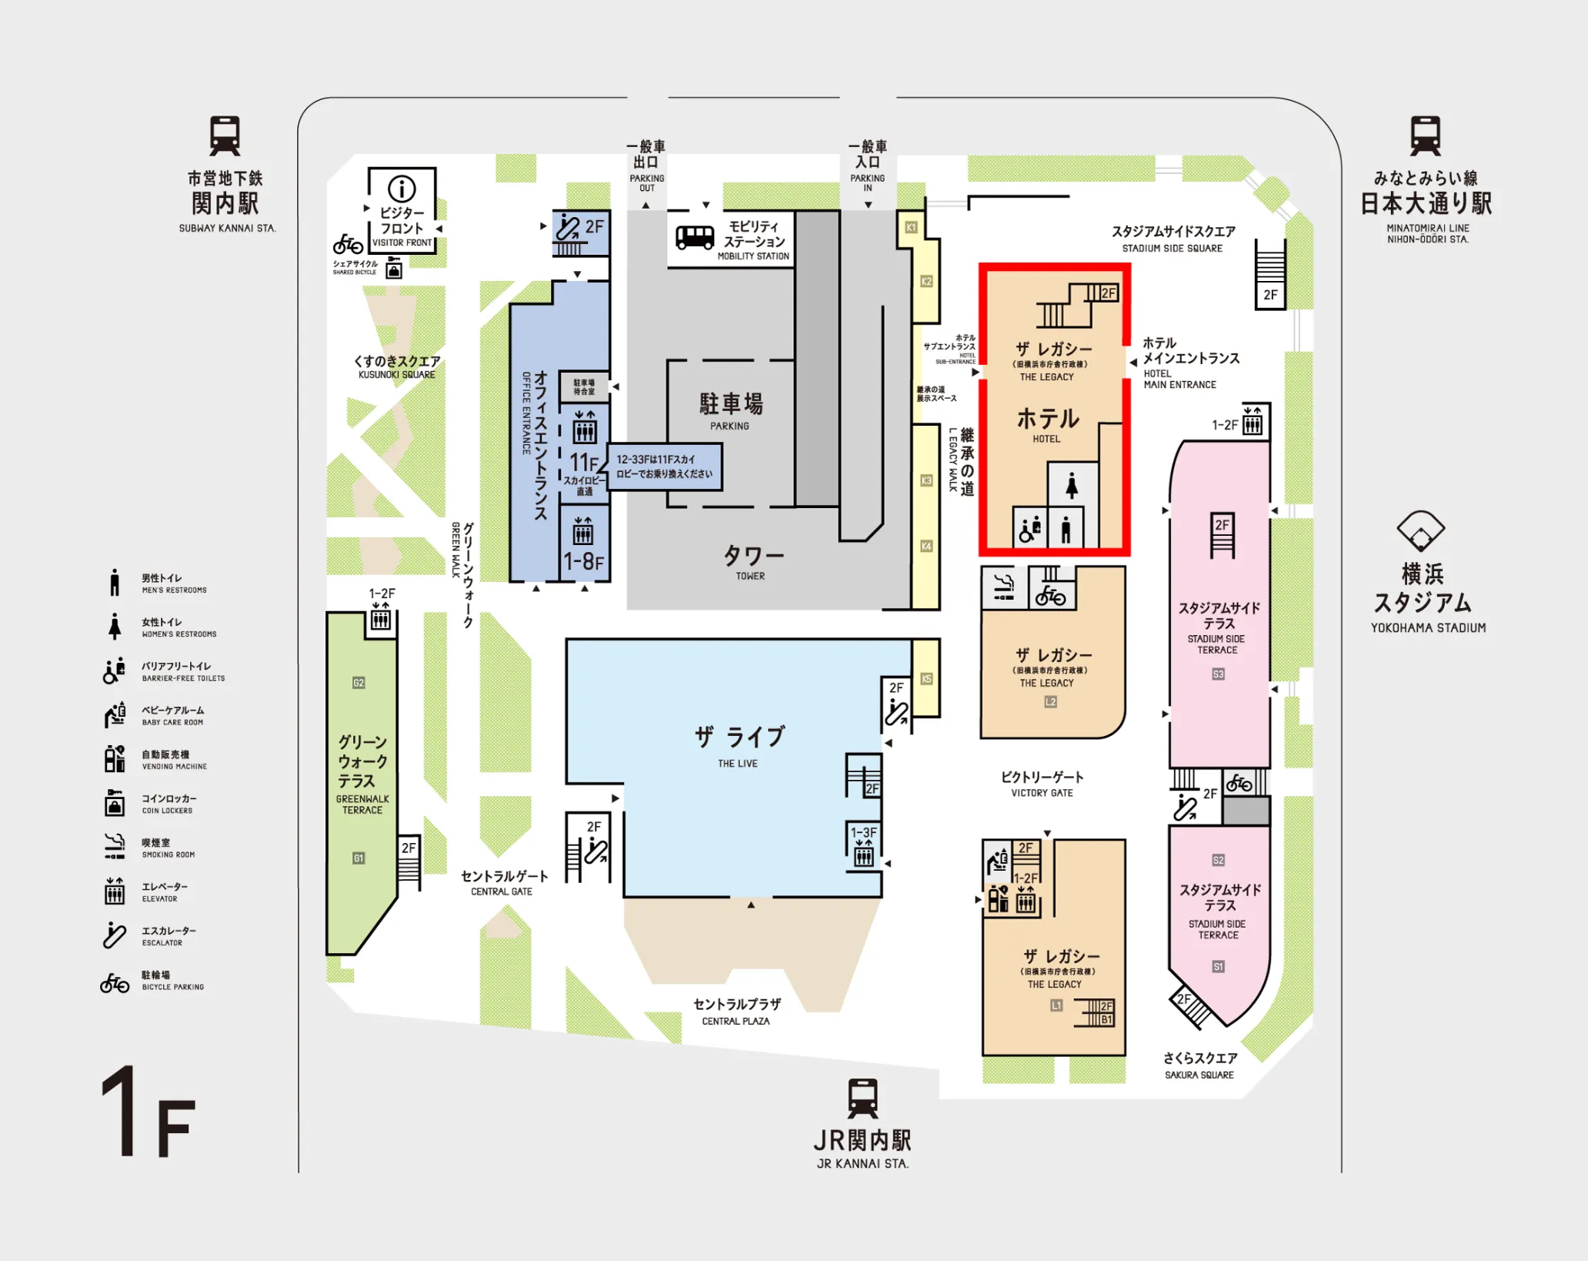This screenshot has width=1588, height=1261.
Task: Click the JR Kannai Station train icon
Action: (862, 1098)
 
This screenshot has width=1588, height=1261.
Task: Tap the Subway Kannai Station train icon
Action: (225, 136)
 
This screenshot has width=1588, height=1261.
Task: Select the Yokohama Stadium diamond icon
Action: (1420, 530)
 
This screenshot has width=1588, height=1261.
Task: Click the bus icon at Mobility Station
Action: (694, 237)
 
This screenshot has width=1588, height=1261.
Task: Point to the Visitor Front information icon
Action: (402, 189)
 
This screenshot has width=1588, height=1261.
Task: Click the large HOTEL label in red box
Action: (1048, 420)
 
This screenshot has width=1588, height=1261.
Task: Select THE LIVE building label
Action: (738, 744)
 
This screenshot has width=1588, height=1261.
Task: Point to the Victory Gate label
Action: (1042, 783)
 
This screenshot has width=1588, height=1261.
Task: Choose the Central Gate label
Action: (504, 881)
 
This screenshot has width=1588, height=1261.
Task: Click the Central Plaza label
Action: (736, 1011)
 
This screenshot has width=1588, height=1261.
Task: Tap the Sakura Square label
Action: (1199, 1065)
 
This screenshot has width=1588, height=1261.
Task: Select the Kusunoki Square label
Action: (397, 366)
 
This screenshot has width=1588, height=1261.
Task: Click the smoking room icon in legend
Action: (115, 846)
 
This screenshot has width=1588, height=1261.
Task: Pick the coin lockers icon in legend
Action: (115, 802)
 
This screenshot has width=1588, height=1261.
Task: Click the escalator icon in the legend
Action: (115, 935)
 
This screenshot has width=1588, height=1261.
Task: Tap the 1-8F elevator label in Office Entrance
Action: (584, 561)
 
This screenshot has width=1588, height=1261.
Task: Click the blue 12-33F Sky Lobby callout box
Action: (665, 467)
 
